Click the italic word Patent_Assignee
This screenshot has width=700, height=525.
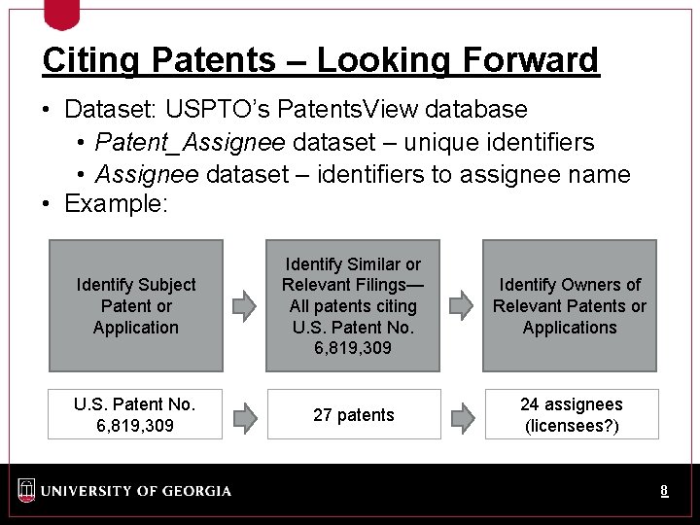190,143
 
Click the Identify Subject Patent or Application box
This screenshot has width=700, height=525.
136,306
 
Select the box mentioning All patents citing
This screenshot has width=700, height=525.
353,306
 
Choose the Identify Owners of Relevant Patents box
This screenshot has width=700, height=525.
570,306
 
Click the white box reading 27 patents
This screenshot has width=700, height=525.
354,415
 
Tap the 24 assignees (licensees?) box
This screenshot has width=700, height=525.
572,415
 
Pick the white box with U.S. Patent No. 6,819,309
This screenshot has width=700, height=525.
135,415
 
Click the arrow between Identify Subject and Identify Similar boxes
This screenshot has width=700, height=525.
244,306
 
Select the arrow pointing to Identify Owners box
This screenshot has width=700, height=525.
461,306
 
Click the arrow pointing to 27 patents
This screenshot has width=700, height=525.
245,417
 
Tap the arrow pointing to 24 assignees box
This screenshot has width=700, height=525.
463,417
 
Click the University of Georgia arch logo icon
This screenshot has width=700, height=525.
26,490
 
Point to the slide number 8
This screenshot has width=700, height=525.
664,491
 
